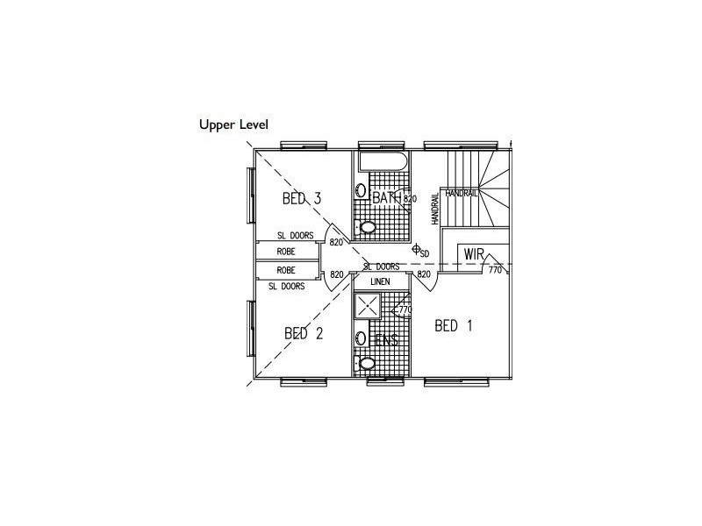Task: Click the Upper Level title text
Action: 233,124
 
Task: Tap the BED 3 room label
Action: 301,199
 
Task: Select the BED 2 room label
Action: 304,333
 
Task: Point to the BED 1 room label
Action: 454,326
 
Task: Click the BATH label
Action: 386,199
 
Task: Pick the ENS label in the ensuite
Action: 385,339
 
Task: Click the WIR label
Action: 475,254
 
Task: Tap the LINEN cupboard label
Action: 380,281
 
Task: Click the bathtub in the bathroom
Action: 382,162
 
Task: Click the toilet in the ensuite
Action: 368,362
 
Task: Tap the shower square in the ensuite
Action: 367,305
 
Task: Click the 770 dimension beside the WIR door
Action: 494,271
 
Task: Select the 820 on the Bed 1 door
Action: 424,274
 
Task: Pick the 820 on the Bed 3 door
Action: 336,242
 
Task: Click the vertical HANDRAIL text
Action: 435,210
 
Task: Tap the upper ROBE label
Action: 286,251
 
